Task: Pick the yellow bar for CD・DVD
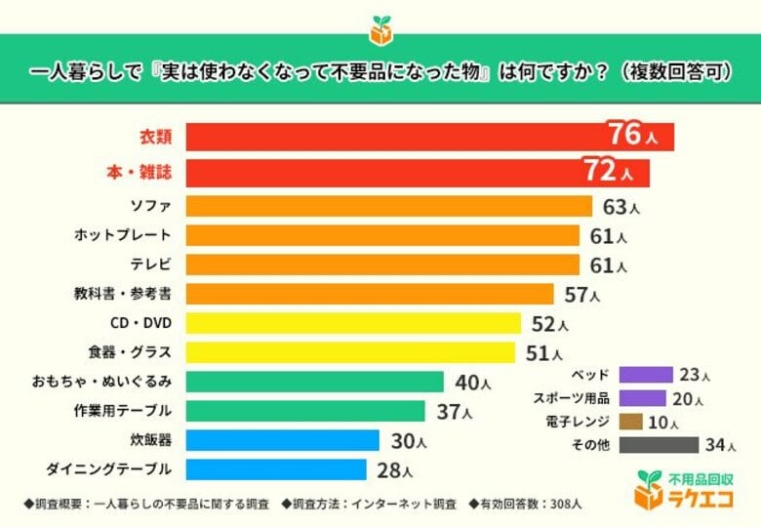pyautogui.click(x=352, y=323)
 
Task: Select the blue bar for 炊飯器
pyautogui.click(x=282, y=440)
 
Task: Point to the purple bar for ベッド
pyautogui.click(x=645, y=375)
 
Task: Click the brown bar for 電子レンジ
pyautogui.click(x=630, y=422)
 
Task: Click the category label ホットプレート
pyautogui.click(x=123, y=235)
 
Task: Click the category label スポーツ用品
pyautogui.click(x=571, y=398)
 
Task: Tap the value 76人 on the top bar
pyautogui.click(x=632, y=136)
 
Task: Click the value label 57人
pyautogui.click(x=582, y=294)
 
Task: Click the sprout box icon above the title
pyautogui.click(x=380, y=29)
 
